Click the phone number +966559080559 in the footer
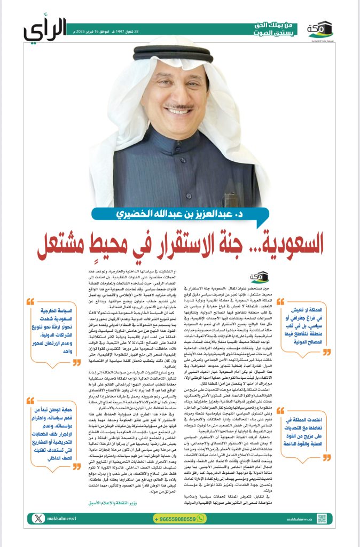(x=181, y=533)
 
